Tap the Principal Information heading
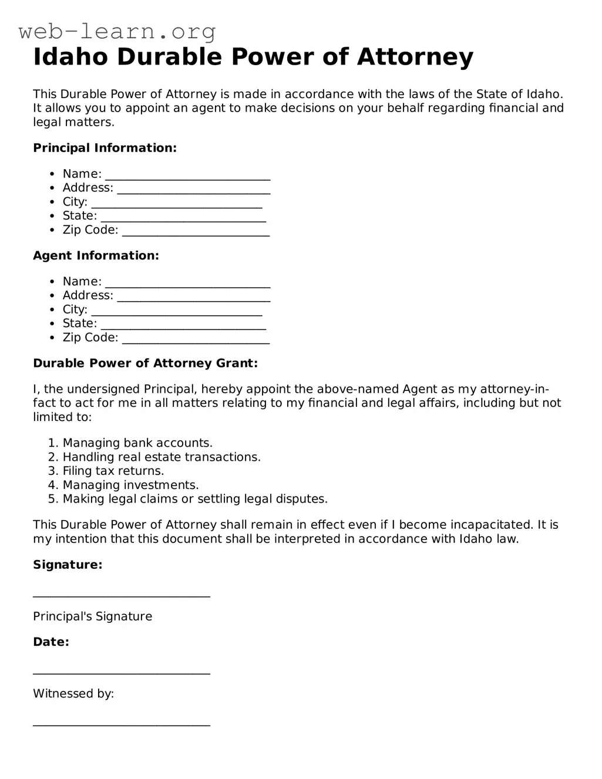click(105, 148)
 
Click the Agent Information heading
click(96, 255)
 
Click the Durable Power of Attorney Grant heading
click(145, 363)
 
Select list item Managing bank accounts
click(137, 443)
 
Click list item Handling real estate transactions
click(162, 457)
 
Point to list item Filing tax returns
click(113, 471)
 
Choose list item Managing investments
click(130, 485)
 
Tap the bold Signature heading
click(68, 565)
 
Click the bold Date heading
click(51, 642)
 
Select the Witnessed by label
click(73, 693)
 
